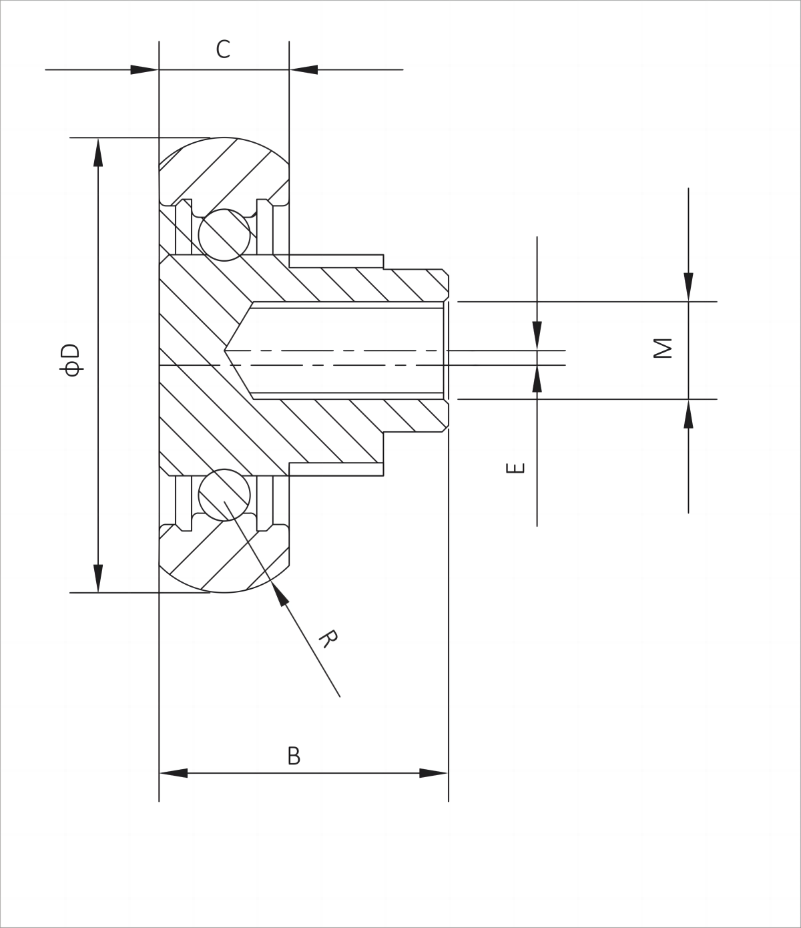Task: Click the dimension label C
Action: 223,49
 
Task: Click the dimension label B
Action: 294,756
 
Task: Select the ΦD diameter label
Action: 70,360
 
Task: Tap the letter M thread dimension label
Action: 663,348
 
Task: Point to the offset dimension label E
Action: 515,467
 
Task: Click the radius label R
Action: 327,638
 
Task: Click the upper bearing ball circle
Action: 224,235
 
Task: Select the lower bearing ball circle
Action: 224,495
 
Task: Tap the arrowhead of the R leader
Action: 280,593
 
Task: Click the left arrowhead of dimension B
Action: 174,773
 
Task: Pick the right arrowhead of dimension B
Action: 433,773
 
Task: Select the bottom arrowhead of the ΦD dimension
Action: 98,578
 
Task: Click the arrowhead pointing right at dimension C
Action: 144,69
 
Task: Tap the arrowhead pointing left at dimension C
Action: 304,69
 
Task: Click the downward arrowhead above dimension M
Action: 688,287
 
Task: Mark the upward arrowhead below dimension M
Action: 688,414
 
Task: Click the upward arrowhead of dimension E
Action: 537,379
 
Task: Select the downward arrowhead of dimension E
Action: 537,335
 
